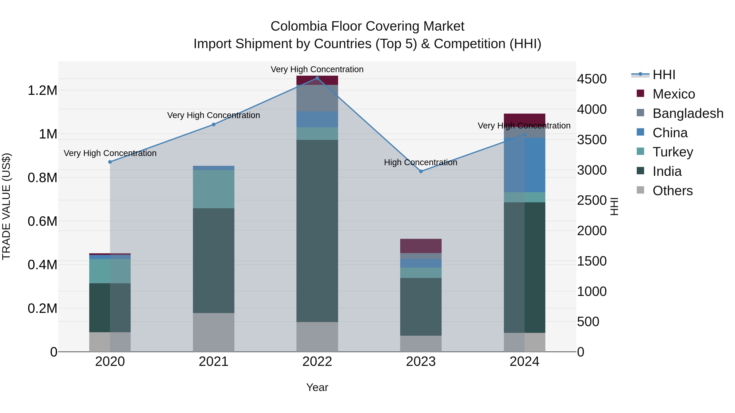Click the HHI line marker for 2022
tap(317, 78)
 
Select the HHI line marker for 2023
tap(421, 171)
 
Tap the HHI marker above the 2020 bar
tap(110, 162)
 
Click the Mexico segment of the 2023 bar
tap(421, 246)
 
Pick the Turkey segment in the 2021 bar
tap(213, 189)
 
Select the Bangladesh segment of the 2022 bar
tap(317, 98)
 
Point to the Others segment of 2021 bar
tap(213, 332)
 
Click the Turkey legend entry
tap(673, 152)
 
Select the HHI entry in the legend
tap(664, 75)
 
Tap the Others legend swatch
tap(640, 190)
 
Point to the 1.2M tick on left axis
tap(42, 91)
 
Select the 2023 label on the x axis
tap(421, 362)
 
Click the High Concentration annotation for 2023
tap(421, 163)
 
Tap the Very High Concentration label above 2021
tap(213, 115)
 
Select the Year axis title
tap(317, 387)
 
